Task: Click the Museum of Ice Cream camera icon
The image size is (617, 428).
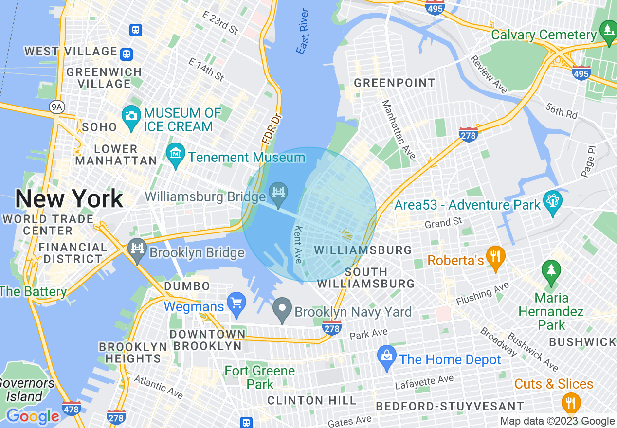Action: pyautogui.click(x=131, y=116)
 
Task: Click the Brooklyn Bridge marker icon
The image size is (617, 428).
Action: pyautogui.click(x=137, y=250)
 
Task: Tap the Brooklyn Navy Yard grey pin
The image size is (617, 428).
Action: pyautogui.click(x=282, y=309)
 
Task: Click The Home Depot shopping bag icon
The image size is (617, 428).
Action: pyautogui.click(x=387, y=357)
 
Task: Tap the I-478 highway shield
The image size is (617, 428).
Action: pyautogui.click(x=72, y=409)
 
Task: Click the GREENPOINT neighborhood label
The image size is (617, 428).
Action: pyautogui.click(x=394, y=83)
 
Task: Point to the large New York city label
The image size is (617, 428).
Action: pyautogui.click(x=69, y=199)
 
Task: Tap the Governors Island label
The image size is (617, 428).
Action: pyautogui.click(x=25, y=390)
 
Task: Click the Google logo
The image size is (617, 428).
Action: pyautogui.click(x=33, y=416)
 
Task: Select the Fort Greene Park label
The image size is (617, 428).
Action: pyautogui.click(x=260, y=377)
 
